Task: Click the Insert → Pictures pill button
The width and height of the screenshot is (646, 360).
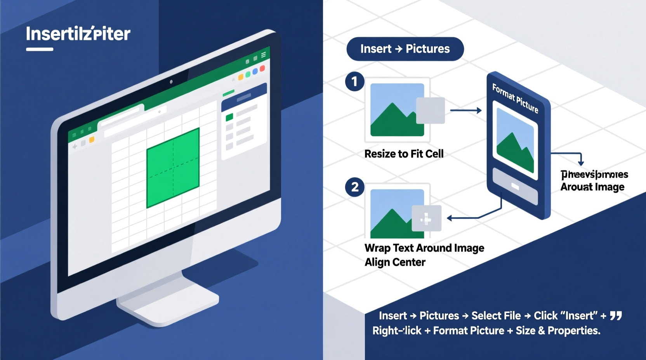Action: [405, 49]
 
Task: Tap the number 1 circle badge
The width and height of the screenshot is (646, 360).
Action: [354, 81]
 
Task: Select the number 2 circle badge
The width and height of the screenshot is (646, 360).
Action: [354, 187]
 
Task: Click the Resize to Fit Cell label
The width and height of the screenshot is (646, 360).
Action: [404, 154]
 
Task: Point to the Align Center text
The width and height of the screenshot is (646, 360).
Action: [395, 262]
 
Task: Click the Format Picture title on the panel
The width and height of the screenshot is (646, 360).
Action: [515, 99]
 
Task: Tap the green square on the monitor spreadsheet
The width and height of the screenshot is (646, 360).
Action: [173, 168]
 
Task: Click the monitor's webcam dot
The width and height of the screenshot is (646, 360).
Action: [171, 82]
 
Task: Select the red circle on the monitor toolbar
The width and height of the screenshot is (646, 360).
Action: [262, 69]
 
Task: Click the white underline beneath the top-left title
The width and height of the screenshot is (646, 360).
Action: [40, 49]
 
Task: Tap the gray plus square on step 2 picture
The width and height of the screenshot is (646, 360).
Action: [426, 218]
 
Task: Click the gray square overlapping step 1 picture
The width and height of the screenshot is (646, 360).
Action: [430, 111]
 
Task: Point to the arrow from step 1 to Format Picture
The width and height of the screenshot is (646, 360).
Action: [465, 111]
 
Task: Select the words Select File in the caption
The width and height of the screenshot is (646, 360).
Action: [496, 316]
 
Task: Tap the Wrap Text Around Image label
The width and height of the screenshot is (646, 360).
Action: [424, 248]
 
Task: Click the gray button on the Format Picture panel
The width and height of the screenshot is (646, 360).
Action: [515, 187]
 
